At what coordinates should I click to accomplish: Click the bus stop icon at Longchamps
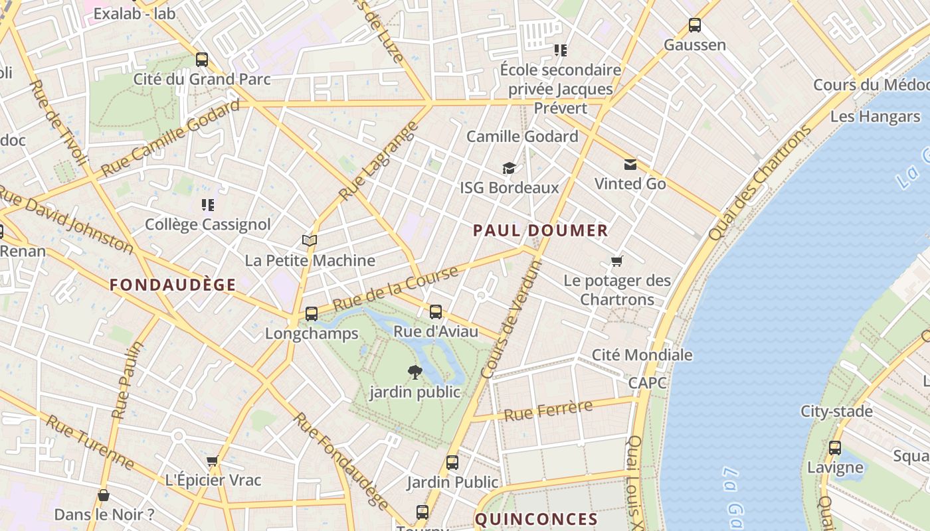pyautogui.click(x=311, y=313)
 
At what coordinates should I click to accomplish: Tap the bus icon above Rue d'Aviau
pyautogui.click(x=436, y=311)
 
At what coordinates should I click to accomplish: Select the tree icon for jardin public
pyautogui.click(x=415, y=372)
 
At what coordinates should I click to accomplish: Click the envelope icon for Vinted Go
pyautogui.click(x=630, y=165)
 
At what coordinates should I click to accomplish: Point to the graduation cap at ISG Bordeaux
pyautogui.click(x=509, y=169)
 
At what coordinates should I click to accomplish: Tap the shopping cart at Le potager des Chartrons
pyautogui.click(x=617, y=261)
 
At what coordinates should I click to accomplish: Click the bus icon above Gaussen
pyautogui.click(x=695, y=25)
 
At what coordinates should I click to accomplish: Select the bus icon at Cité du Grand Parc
pyautogui.click(x=202, y=60)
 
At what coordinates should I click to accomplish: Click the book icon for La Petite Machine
pyautogui.click(x=310, y=240)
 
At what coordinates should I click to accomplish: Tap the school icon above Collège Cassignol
pyautogui.click(x=208, y=205)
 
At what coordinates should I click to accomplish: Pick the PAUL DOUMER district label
pyautogui.click(x=540, y=231)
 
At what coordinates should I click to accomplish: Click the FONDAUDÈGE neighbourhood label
pyautogui.click(x=173, y=285)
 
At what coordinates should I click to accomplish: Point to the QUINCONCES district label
pyautogui.click(x=537, y=519)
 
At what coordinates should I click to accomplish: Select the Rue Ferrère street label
pyautogui.click(x=548, y=411)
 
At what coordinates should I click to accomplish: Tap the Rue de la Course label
pyautogui.click(x=395, y=289)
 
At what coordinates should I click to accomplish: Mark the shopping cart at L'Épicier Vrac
pyautogui.click(x=213, y=461)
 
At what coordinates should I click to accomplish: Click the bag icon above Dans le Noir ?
pyautogui.click(x=104, y=495)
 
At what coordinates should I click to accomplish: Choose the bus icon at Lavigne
pyautogui.click(x=835, y=448)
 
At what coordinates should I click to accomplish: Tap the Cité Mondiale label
pyautogui.click(x=642, y=355)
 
